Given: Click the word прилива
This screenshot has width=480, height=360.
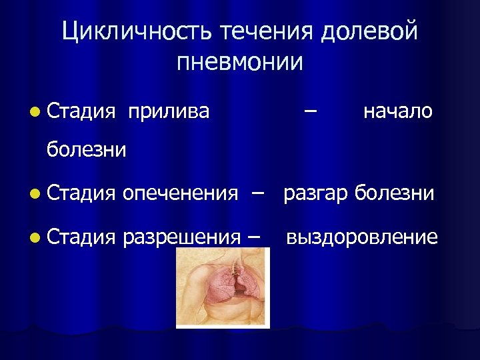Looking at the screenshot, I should tap(169, 111).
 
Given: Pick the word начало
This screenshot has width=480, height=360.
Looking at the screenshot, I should tap(398, 111).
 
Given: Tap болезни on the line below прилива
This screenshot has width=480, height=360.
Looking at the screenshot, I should tap(86, 149).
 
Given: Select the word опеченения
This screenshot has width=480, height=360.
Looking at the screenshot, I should tap(180, 193).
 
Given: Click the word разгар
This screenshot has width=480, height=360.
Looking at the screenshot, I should tap(316, 193).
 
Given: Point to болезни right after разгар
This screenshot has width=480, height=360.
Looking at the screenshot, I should tap(394, 193).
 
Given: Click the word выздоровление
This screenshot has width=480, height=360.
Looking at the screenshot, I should tap(362, 237).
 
